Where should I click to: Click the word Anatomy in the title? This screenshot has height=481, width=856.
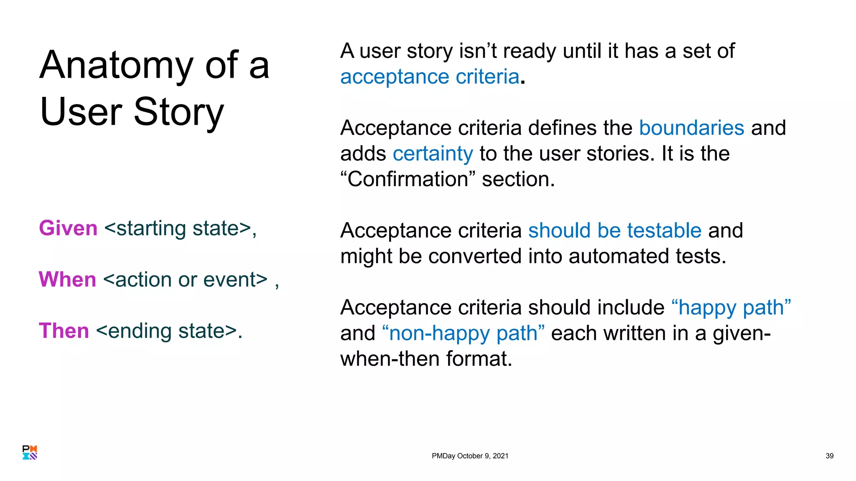(116, 66)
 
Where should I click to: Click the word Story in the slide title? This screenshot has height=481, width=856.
(179, 112)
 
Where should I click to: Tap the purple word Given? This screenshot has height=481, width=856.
(68, 228)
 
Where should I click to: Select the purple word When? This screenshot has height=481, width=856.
(68, 279)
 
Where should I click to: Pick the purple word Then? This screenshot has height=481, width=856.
(64, 331)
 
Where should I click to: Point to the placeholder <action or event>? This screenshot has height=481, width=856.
(185, 279)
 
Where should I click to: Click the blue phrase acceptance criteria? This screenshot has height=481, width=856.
(430, 77)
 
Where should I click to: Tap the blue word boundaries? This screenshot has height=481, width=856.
(691, 128)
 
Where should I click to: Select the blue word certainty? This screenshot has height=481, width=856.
(433, 154)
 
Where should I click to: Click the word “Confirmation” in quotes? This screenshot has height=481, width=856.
(408, 179)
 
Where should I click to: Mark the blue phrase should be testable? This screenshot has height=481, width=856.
(614, 230)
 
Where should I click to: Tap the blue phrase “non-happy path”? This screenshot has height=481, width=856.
(463, 333)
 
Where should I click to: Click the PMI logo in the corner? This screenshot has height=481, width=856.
(30, 453)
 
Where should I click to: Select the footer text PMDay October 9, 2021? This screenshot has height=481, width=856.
(470, 456)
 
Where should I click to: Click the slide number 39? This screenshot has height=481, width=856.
(829, 456)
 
